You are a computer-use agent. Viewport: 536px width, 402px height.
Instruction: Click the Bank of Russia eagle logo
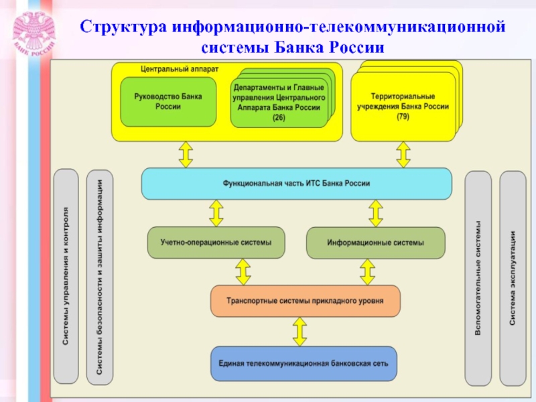[34, 33]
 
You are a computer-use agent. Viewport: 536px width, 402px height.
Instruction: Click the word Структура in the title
[123, 27]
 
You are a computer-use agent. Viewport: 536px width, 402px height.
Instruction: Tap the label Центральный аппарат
[180, 69]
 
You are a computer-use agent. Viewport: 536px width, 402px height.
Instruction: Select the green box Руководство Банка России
[168, 102]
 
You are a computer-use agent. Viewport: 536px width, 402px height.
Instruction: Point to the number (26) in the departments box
[279, 118]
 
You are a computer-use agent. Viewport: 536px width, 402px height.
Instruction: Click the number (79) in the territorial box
[403, 117]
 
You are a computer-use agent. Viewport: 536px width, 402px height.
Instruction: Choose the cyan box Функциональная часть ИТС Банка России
[297, 184]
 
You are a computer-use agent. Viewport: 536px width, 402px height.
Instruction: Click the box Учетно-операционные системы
[216, 243]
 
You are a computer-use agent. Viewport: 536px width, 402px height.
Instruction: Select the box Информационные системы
[376, 243]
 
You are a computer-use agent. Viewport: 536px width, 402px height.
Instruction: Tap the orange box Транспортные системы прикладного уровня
[306, 301]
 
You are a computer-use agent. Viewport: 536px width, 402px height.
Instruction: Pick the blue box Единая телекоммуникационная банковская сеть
[304, 364]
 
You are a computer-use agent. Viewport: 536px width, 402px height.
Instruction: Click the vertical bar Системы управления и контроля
[66, 276]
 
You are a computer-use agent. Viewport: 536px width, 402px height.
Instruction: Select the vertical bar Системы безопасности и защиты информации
[99, 277]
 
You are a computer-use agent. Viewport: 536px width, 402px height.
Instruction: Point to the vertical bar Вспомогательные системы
[478, 278]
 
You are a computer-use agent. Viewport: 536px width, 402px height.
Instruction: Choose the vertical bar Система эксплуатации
[513, 278]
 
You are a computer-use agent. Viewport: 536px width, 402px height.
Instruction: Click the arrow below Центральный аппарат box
[186, 155]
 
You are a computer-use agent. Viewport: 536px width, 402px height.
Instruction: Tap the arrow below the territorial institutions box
[403, 155]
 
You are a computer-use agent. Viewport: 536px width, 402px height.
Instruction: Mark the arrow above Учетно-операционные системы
[216, 213]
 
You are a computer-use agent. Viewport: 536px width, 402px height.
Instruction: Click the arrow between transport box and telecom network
[299, 332]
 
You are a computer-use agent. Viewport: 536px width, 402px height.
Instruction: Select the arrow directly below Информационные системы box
[367, 272]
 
